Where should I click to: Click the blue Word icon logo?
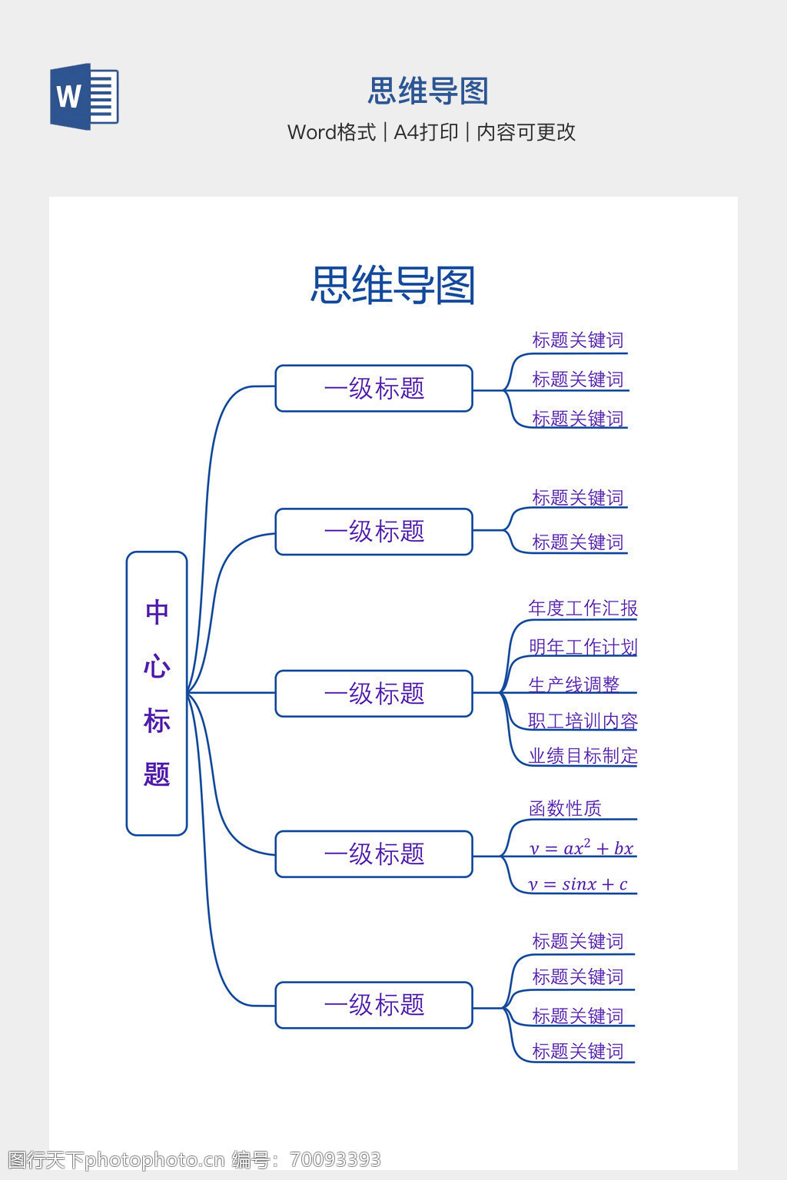[x=84, y=97]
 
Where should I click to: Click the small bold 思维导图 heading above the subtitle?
[x=428, y=91]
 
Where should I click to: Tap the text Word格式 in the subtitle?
[x=331, y=132]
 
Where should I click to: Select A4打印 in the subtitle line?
[x=426, y=132]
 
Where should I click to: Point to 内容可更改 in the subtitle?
[x=526, y=132]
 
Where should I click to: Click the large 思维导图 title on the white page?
[x=393, y=285]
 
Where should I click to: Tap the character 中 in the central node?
[x=157, y=612]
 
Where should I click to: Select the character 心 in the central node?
[x=157, y=666]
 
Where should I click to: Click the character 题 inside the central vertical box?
[x=157, y=774]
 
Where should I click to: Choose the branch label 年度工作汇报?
[x=583, y=608]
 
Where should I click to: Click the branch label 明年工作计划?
[x=583, y=647]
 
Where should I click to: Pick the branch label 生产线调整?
[x=573, y=684]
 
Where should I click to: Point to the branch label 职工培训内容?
[x=583, y=721]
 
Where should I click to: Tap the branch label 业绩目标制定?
[x=583, y=756]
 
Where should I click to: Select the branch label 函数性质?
[x=565, y=808]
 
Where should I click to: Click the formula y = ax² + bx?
[x=581, y=848]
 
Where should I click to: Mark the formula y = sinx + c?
[x=578, y=884]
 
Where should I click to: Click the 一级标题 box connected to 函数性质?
[x=374, y=854]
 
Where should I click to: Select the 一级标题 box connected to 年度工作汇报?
[x=374, y=694]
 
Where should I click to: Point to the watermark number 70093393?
[x=335, y=1159]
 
